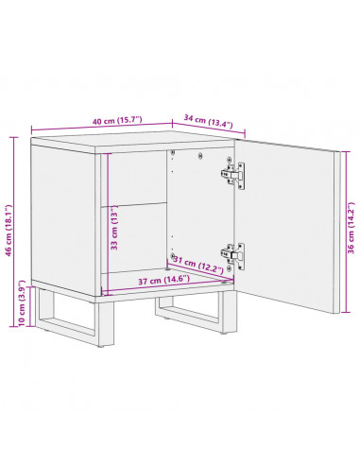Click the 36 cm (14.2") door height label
(x=350, y=229)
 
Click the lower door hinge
(x=232, y=253)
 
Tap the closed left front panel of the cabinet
(x=66, y=217)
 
